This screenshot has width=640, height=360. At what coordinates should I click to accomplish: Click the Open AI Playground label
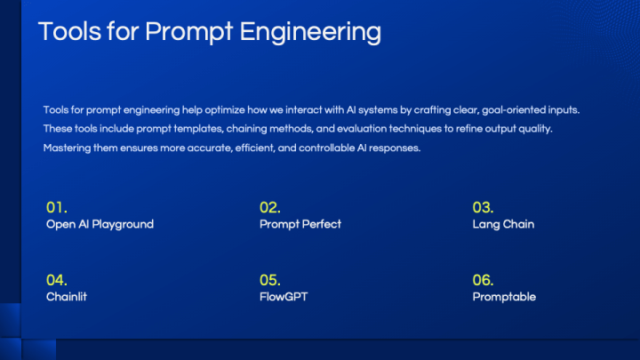[100, 224]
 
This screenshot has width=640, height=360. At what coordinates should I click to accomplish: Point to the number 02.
[270, 207]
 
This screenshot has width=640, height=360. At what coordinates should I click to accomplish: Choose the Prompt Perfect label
[300, 224]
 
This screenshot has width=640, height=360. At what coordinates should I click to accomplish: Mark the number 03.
[483, 207]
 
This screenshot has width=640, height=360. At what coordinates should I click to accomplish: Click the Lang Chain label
[503, 224]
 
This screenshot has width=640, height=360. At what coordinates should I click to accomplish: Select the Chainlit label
[67, 297]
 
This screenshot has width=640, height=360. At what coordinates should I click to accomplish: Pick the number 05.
[270, 280]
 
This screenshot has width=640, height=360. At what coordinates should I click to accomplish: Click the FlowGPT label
[284, 297]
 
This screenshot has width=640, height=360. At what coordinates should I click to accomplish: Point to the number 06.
[483, 280]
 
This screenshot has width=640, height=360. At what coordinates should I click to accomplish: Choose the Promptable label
[504, 297]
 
